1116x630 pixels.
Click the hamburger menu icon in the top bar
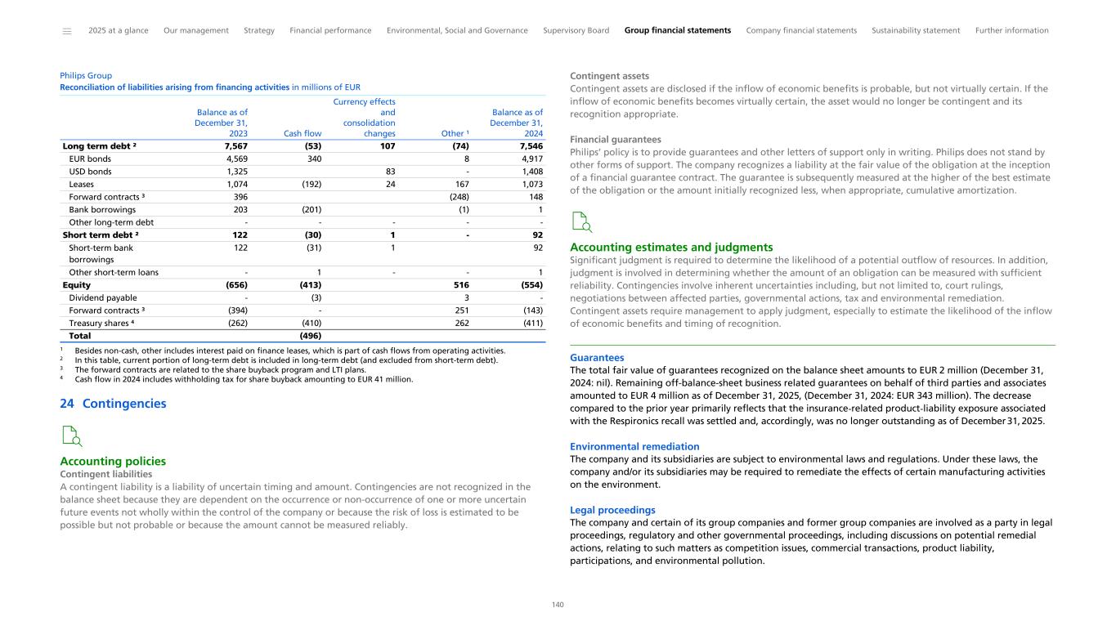(x=66, y=31)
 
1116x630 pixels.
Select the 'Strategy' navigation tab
(x=259, y=30)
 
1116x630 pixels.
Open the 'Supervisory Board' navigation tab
(x=576, y=30)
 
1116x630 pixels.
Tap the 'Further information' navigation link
(x=1011, y=30)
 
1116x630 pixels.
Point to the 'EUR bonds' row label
(x=90, y=159)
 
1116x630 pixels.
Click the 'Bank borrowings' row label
(x=102, y=210)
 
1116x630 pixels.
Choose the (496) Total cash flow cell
(x=310, y=335)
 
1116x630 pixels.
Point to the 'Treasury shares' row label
(x=101, y=323)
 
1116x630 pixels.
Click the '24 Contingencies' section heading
(x=113, y=404)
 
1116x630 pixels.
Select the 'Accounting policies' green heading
(x=113, y=462)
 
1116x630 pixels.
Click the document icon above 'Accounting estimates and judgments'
(x=581, y=222)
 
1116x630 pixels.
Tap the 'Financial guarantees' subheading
(x=615, y=140)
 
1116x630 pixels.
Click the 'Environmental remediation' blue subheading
(x=634, y=446)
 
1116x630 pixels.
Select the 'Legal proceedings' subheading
(x=612, y=510)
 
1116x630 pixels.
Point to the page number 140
(x=558, y=605)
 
